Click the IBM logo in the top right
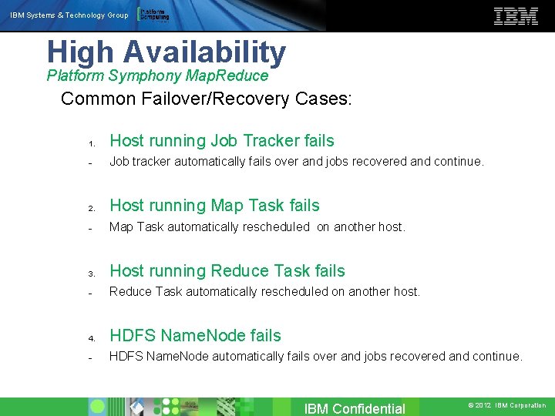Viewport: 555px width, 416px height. [x=516, y=16]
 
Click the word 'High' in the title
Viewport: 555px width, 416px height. [x=80, y=52]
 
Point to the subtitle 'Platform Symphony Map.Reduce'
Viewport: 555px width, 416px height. [x=157, y=75]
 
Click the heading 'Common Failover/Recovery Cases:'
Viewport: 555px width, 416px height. [x=207, y=99]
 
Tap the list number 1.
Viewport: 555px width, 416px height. [x=91, y=143]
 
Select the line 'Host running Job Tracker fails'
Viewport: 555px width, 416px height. [x=222, y=141]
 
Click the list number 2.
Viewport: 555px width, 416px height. [x=91, y=208]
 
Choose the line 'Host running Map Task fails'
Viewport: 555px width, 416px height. [x=214, y=206]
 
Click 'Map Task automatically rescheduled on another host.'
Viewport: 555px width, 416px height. [x=257, y=226]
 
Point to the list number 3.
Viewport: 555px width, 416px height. [x=91, y=273]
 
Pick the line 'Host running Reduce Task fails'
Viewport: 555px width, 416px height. [x=227, y=271]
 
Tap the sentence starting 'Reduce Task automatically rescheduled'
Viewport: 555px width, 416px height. [x=264, y=291]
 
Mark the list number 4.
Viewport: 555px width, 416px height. [x=91, y=338]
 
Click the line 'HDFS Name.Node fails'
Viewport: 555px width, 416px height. [x=196, y=336]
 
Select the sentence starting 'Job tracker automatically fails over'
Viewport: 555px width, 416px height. [x=297, y=162]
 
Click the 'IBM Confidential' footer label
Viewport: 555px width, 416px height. [x=355, y=408]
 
